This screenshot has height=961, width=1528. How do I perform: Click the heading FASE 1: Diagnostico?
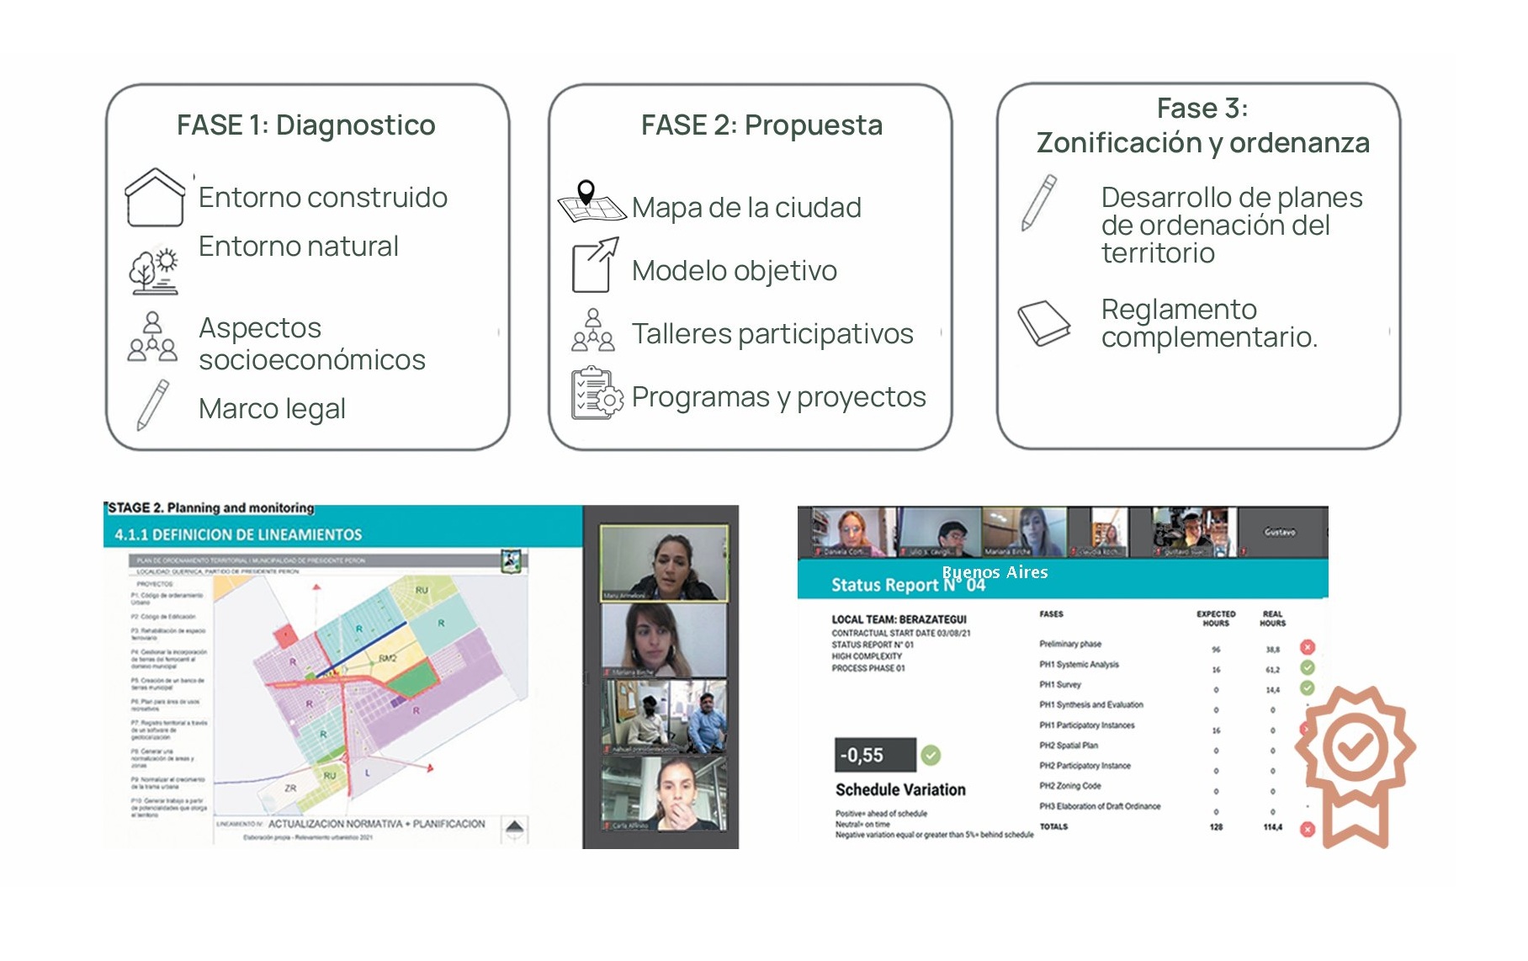305,125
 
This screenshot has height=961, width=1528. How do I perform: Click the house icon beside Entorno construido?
155,197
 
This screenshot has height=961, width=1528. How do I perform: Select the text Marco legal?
272,409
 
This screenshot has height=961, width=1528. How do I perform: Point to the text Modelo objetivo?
734,271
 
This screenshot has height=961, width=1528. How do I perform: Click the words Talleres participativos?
772,334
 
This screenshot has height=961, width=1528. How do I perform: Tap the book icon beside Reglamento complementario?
1043,323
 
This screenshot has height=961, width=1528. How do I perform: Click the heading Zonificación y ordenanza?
1202,143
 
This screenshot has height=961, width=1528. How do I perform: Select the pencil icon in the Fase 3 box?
1039,203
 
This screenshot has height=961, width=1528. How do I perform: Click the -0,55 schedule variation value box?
874,755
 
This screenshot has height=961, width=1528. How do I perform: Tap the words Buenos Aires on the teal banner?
995,572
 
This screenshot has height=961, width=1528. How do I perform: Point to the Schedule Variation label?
900,790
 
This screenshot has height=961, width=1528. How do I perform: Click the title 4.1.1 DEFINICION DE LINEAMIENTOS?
238,534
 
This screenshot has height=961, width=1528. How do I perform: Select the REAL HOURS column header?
1272,619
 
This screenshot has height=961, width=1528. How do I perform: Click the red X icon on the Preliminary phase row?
1307,647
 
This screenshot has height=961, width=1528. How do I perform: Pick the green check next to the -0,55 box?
931,755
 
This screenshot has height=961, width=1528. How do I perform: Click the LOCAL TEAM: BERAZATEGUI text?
899,619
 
